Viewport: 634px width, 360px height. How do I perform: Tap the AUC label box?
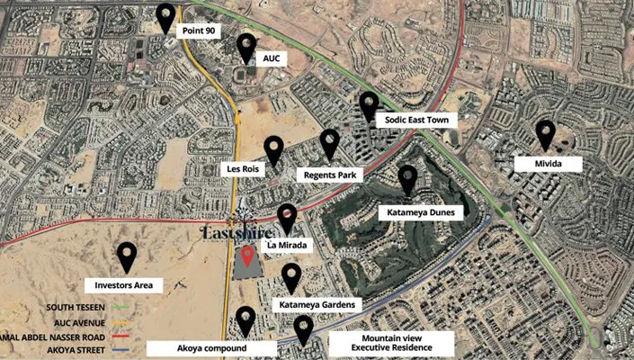pos(270,58)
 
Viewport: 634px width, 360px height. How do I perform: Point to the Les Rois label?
pos(239,168)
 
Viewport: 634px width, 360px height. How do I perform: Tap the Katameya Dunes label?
pos(422,212)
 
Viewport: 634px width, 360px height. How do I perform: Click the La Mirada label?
pos(289,244)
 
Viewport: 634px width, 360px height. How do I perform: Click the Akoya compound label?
pos(211,348)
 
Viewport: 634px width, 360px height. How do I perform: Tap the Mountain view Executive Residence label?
pos(391,343)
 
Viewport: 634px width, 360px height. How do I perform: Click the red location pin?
pos(248,256)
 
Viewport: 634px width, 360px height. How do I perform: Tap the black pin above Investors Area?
pos(127,257)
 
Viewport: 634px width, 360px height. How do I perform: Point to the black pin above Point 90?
pos(165,17)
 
